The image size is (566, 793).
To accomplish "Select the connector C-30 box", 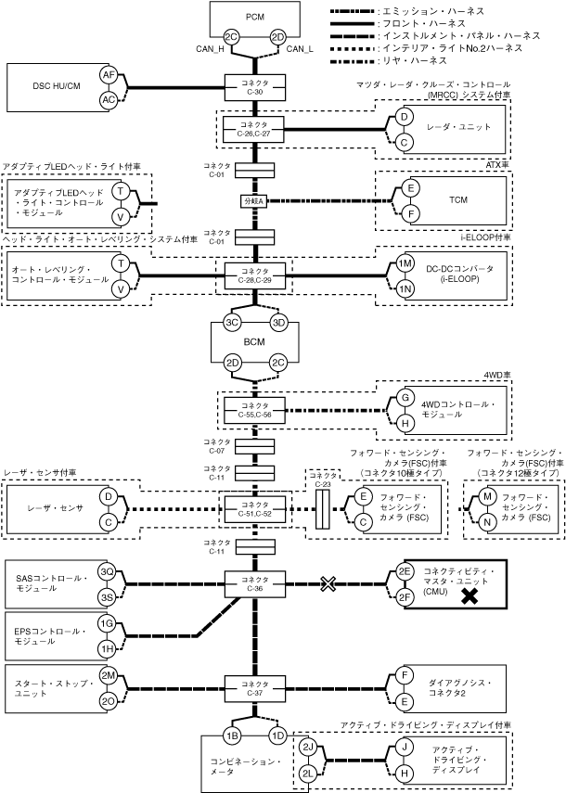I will (x=254, y=88).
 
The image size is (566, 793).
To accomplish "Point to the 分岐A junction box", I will (x=254, y=200).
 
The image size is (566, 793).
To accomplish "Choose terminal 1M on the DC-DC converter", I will (x=405, y=263).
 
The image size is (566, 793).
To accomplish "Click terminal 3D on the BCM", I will (x=277, y=323).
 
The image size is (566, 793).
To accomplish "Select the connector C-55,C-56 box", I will (x=254, y=410).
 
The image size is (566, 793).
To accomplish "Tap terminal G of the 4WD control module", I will (x=405, y=397).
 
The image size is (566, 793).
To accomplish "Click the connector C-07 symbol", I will (x=254, y=446).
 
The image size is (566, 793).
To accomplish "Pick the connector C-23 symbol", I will (x=323, y=508).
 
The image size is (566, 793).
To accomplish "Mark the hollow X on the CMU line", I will (x=328, y=583).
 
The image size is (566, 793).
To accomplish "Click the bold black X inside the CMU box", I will (x=470, y=598).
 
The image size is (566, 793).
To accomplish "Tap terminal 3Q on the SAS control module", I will (x=108, y=571).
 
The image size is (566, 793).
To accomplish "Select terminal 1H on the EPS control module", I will (x=108, y=648).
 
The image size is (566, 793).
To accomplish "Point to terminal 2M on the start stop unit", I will (x=108, y=675).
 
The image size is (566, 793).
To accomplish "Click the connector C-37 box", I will (x=254, y=687).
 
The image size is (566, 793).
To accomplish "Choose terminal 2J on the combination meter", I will (x=309, y=747).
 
